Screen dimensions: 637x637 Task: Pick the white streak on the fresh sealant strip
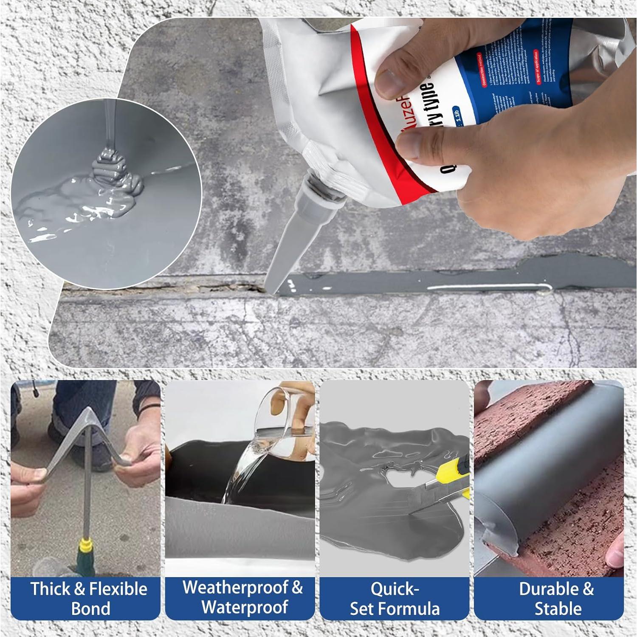coord(488,287)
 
